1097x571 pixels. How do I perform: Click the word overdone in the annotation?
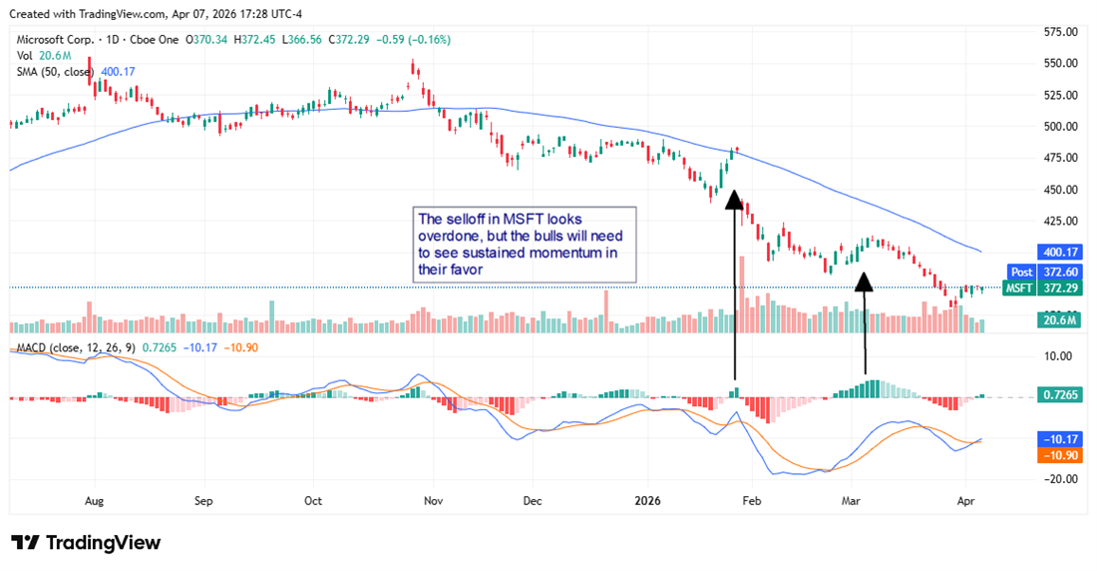(x=449, y=237)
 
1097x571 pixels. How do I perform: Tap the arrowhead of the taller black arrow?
(x=733, y=201)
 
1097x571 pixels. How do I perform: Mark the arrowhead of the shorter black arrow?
(x=864, y=282)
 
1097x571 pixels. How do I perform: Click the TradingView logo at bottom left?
(x=86, y=542)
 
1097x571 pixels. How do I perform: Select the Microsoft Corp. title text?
(x=55, y=40)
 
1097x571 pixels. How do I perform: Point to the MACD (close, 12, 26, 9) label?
(x=77, y=346)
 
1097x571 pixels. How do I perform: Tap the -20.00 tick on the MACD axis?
(x=1056, y=478)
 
